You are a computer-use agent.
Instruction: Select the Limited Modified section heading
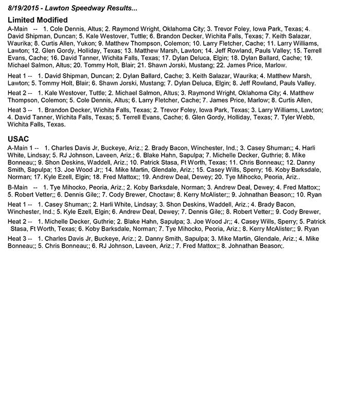pyautogui.click(x=39, y=20)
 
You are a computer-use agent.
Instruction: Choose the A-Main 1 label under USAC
pyautogui.click(x=23, y=148)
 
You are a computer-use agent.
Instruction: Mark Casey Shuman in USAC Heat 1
pyautogui.click(x=69, y=204)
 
